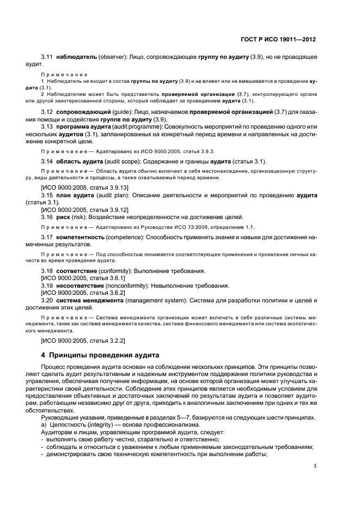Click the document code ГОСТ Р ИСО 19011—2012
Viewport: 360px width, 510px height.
[x=278, y=40]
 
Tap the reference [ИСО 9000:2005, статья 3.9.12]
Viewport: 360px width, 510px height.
[x=84, y=209]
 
